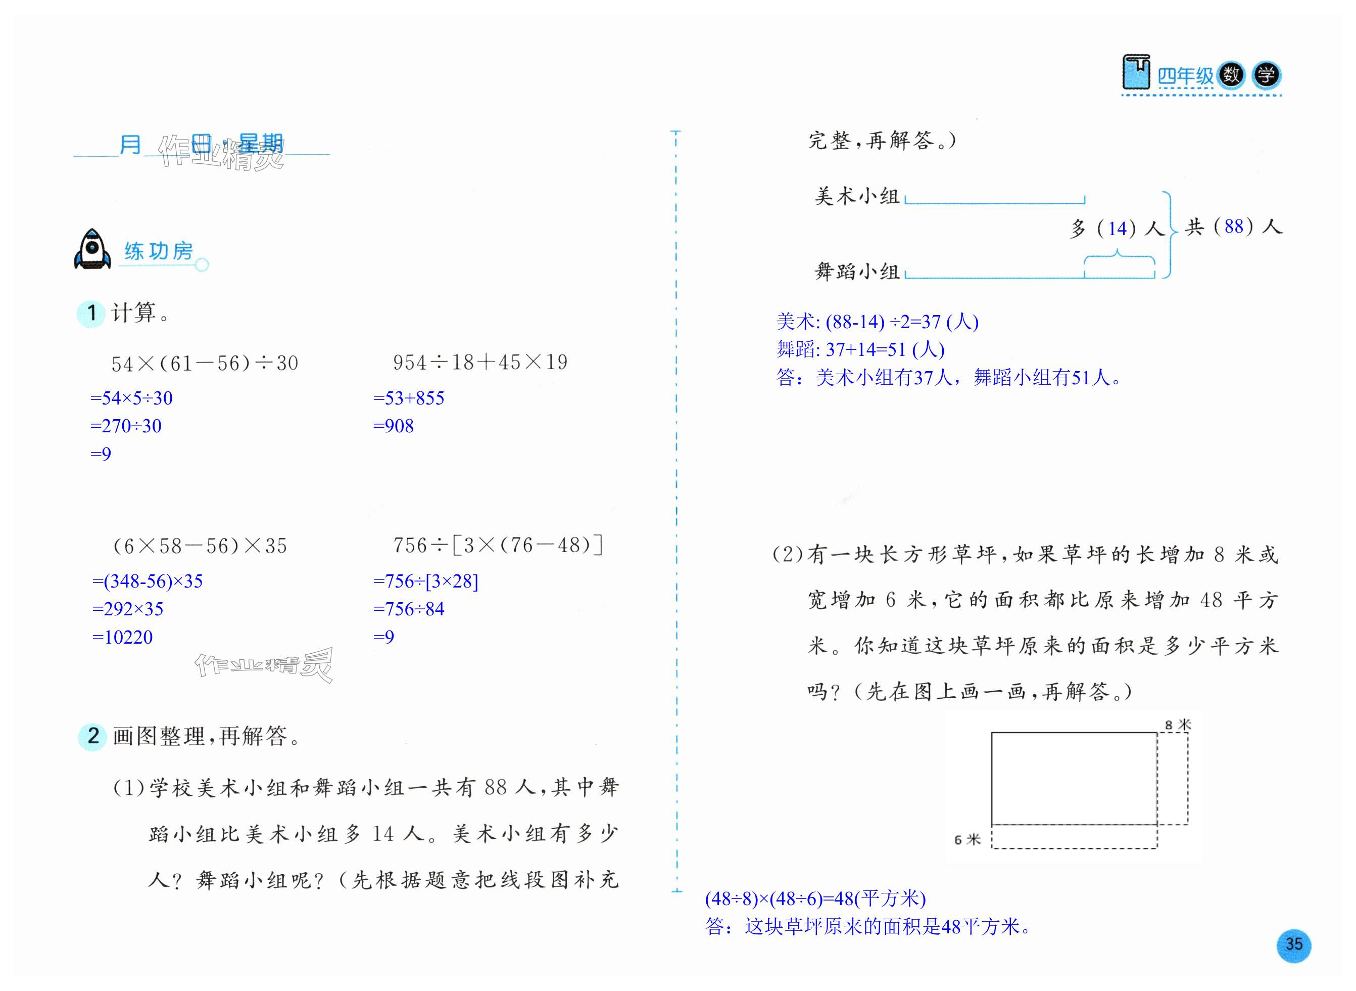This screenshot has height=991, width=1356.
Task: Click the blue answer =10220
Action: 122,637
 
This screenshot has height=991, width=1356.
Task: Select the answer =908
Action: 393,426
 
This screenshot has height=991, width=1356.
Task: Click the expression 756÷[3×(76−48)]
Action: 498,545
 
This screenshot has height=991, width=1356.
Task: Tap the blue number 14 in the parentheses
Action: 1117,229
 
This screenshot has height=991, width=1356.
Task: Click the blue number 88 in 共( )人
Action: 1234,226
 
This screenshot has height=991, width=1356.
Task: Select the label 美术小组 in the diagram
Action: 857,196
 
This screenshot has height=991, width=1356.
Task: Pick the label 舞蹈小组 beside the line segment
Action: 857,272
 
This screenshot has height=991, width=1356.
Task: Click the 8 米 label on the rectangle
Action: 1177,725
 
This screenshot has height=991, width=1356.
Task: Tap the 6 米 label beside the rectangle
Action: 967,840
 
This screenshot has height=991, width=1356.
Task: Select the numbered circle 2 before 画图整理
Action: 93,736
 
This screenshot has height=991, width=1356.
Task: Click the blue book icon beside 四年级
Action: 1136,73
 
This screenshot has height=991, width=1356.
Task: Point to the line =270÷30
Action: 126,426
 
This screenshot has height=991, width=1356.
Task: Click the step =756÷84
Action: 409,609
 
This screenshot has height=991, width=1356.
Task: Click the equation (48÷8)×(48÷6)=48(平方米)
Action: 815,898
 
